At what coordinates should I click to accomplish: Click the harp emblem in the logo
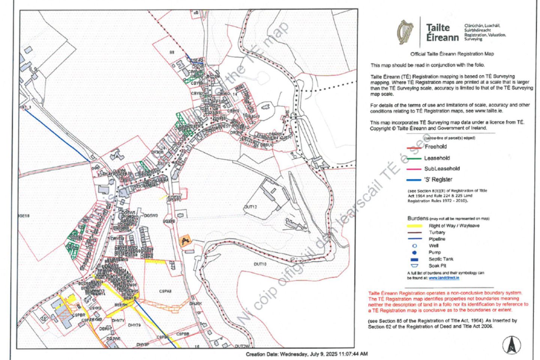(405, 32)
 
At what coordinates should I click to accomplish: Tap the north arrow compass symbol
(511, 345)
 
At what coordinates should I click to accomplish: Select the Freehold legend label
(435, 147)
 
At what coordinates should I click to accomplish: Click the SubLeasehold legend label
(442, 169)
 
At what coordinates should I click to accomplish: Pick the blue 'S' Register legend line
(414, 180)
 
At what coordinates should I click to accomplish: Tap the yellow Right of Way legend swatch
(414, 226)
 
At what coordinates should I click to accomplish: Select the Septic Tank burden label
(441, 259)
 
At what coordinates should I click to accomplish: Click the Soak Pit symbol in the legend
(414, 265)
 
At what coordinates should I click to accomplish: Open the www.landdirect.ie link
(444, 278)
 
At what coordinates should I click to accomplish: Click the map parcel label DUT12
(250, 207)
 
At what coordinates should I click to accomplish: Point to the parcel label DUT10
(260, 264)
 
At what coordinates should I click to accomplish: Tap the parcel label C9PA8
(165, 291)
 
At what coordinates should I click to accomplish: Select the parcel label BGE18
(24, 216)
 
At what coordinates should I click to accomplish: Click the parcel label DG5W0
(151, 216)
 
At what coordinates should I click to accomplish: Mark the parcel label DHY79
(134, 325)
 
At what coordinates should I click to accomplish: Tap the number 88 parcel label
(172, 52)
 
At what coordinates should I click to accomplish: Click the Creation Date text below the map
(306, 354)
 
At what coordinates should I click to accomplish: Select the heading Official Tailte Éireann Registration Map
(452, 54)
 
